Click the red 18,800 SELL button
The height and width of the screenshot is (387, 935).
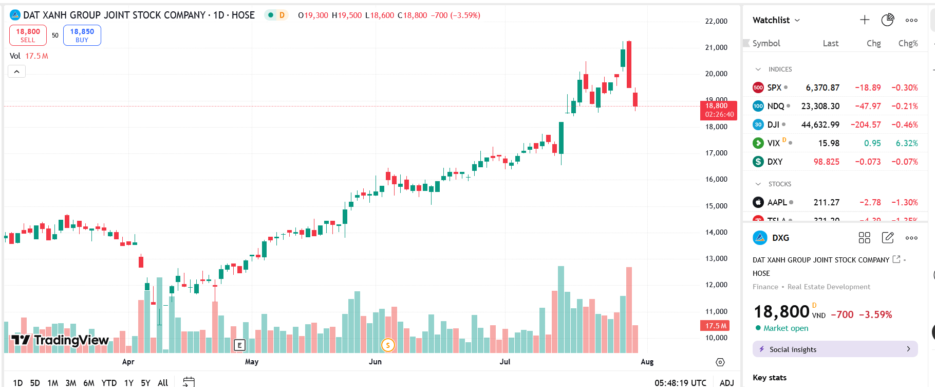click(28, 35)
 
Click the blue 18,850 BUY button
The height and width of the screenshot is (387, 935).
click(82, 35)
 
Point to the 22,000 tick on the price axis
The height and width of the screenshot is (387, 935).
click(716, 21)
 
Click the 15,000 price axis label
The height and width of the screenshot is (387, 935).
click(716, 206)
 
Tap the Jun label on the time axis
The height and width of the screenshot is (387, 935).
click(375, 362)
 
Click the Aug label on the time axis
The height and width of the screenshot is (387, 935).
click(647, 362)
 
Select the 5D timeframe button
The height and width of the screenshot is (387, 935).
click(35, 382)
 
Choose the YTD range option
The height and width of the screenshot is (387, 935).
click(109, 382)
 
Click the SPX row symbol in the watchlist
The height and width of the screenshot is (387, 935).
click(774, 87)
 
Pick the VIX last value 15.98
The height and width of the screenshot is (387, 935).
click(829, 143)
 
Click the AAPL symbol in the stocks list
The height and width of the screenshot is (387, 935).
click(777, 202)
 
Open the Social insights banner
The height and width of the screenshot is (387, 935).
click(835, 349)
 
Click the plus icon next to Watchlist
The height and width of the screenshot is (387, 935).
click(865, 20)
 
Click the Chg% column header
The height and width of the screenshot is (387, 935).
click(908, 43)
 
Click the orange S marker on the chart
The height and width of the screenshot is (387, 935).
click(388, 345)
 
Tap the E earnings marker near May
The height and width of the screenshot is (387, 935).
click(239, 345)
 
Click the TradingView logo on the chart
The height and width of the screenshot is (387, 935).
click(60, 340)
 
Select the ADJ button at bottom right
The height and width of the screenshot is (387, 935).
click(726, 382)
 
